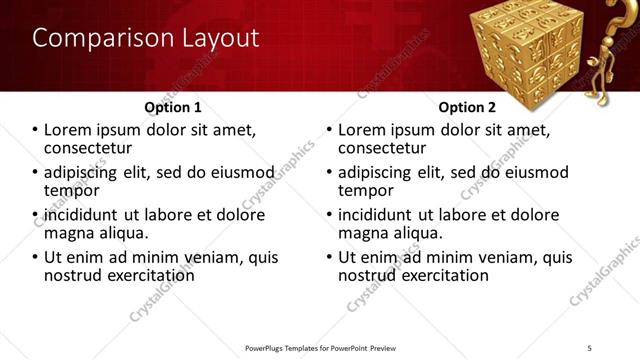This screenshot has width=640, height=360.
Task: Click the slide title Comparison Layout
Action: [145, 39]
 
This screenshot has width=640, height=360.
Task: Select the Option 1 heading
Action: [173, 107]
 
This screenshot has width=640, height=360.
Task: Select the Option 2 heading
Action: [467, 107]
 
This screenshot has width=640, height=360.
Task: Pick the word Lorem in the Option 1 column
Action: [68, 130]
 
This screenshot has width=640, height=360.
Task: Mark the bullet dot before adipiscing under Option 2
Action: [330, 173]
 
